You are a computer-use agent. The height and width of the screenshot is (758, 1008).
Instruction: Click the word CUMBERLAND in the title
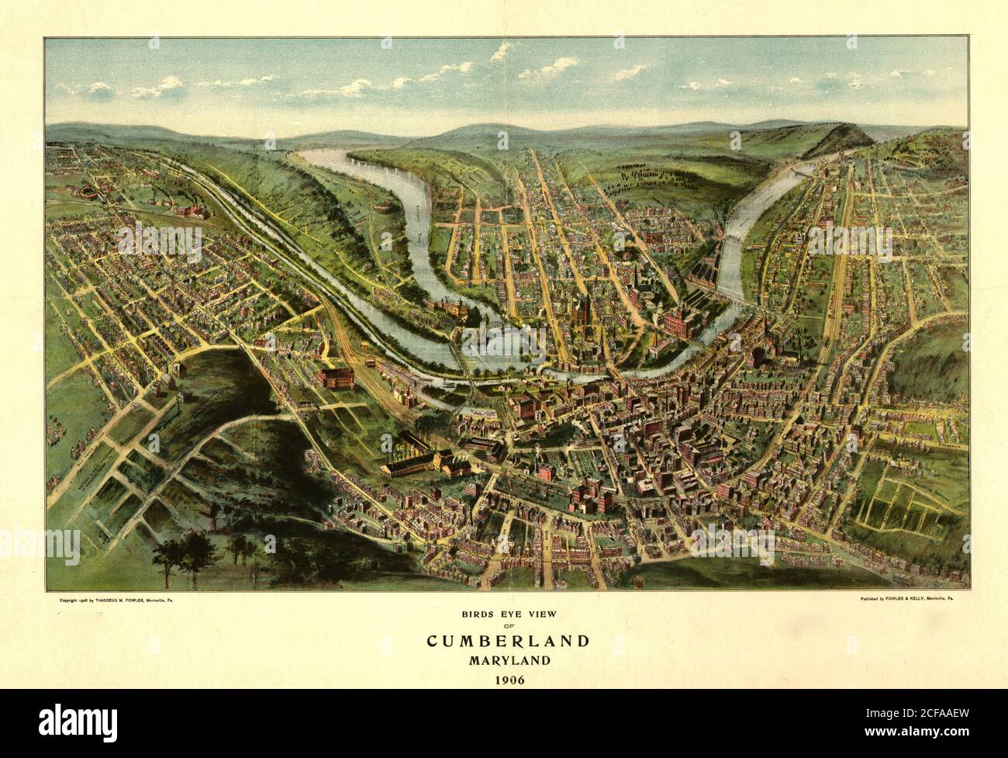pyautogui.click(x=508, y=642)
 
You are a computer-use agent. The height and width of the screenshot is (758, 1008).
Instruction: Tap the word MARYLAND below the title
pyautogui.click(x=508, y=661)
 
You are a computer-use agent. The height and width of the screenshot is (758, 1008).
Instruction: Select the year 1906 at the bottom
pyautogui.click(x=508, y=680)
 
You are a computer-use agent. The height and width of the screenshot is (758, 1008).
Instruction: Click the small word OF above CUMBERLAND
pyautogui.click(x=508, y=627)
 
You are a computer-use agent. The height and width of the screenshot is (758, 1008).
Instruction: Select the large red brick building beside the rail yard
pyautogui.click(x=335, y=378)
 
